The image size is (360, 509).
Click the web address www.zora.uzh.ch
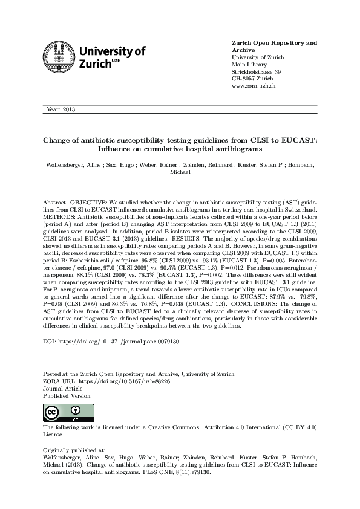(x=254, y=86)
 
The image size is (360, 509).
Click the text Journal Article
(x=63, y=388)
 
